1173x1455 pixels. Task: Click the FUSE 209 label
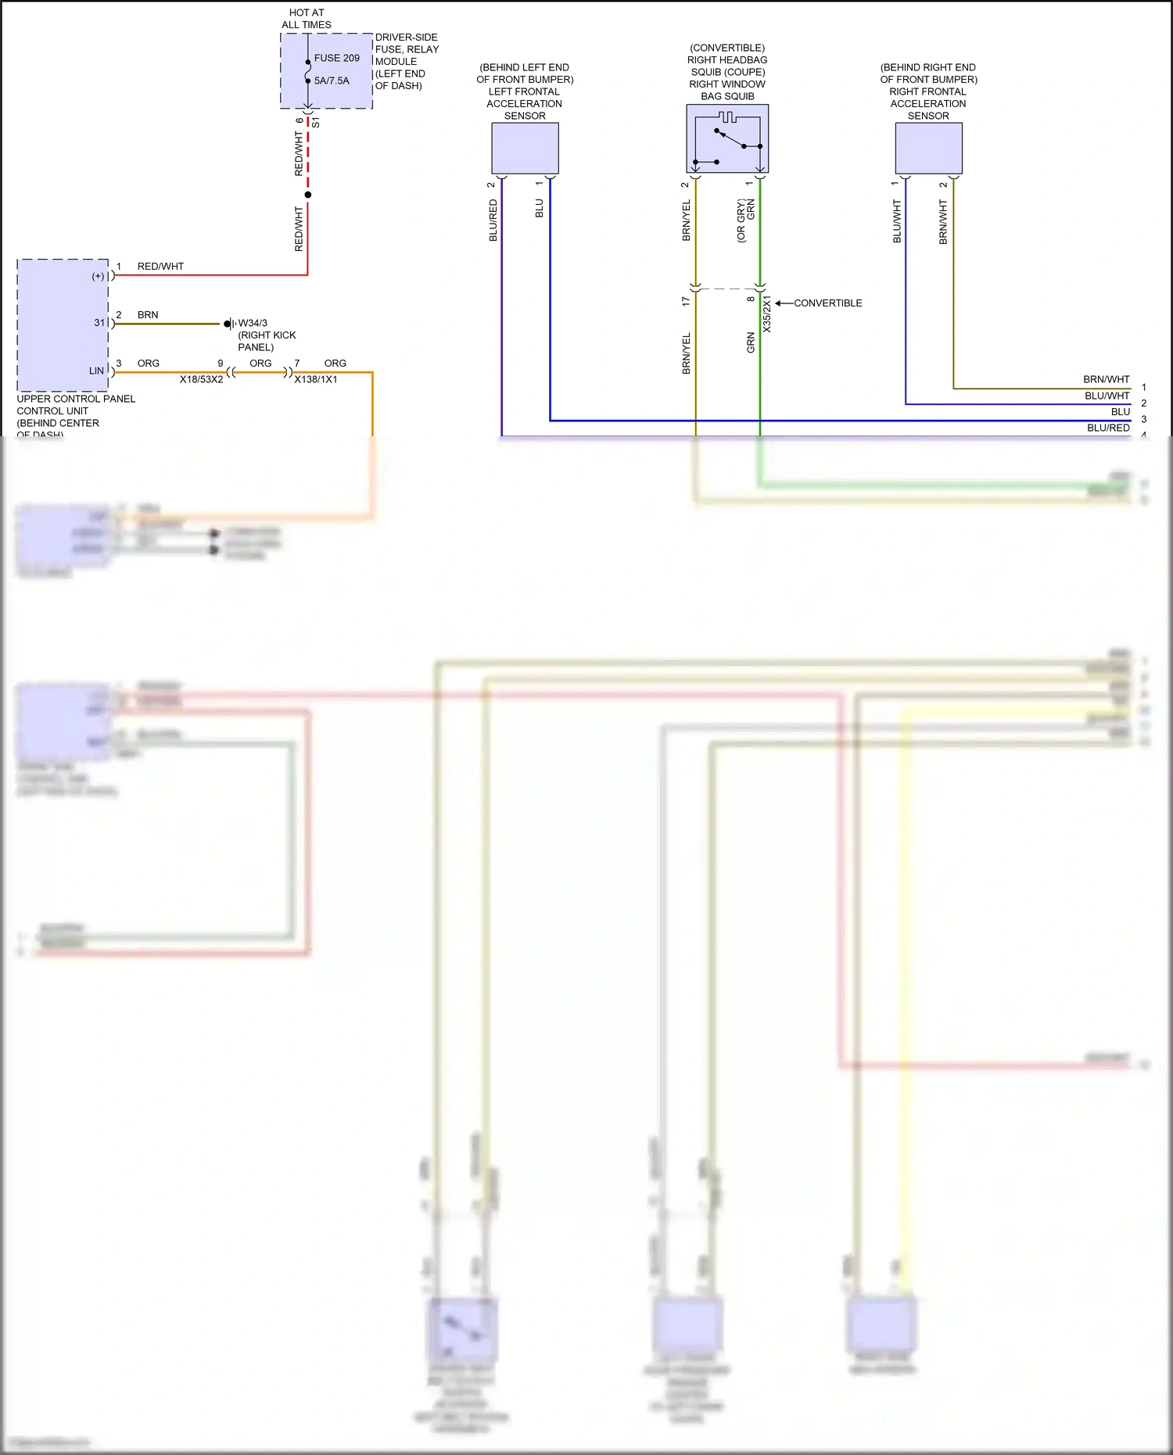click(x=336, y=58)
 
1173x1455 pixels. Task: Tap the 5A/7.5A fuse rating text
click(x=332, y=81)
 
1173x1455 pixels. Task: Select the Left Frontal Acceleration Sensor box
click(x=525, y=148)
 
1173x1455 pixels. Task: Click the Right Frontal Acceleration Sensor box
click(x=928, y=148)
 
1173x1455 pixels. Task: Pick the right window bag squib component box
click(x=727, y=139)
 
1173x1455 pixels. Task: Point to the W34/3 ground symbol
click(x=228, y=324)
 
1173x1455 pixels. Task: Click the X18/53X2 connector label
click(x=201, y=379)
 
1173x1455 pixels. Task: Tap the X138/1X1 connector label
click(x=316, y=379)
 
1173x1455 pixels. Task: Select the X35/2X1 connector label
click(x=767, y=314)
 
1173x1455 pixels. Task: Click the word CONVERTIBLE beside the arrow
click(x=827, y=303)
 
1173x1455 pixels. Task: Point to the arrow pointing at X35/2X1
click(x=783, y=303)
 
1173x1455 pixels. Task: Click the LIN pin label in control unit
click(x=96, y=371)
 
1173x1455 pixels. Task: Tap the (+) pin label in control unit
click(x=98, y=276)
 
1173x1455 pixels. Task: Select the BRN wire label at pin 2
click(x=148, y=315)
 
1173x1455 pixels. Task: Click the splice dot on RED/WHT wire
click(x=308, y=195)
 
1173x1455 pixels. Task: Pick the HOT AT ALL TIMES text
click(x=307, y=19)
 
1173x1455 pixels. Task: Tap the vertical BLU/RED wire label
click(x=493, y=220)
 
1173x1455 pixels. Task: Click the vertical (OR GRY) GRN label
click(x=745, y=220)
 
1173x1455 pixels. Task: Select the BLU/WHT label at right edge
click(x=1107, y=396)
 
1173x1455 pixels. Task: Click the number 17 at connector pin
click(x=686, y=300)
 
